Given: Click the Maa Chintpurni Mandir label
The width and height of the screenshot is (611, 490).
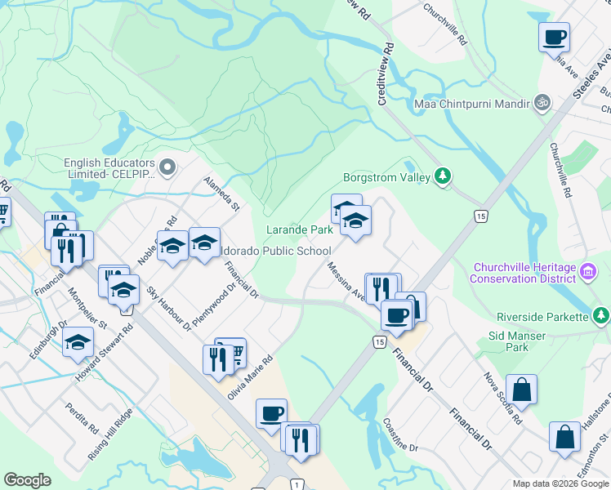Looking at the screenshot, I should click(470, 104).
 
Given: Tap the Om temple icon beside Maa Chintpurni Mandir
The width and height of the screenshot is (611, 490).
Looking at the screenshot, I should click(539, 103).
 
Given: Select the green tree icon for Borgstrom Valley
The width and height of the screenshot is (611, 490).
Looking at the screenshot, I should click(442, 176).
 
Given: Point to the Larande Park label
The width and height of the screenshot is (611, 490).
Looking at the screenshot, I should click(300, 230).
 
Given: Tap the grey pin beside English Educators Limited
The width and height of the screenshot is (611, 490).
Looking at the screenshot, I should click(168, 168).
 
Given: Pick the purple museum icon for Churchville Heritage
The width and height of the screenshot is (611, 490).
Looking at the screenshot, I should click(586, 270).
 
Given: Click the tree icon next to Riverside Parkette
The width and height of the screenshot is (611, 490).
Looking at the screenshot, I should click(600, 315).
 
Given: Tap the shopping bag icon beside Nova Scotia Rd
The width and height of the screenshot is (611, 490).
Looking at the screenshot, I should click(521, 390).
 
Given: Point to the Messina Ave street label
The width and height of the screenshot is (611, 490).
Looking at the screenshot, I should click(346, 281).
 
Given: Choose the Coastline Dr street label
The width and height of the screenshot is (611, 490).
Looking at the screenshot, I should click(400, 436).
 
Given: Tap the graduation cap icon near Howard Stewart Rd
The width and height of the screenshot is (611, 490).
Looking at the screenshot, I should click(78, 341).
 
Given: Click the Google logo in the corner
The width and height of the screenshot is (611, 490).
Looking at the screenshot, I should click(27, 479).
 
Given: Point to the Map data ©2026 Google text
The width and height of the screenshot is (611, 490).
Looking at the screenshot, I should click(560, 483).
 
